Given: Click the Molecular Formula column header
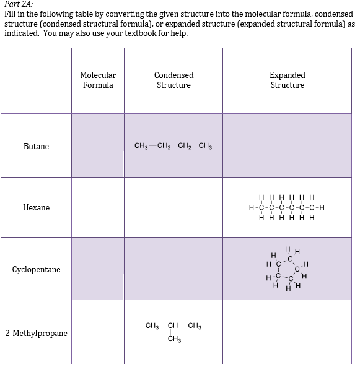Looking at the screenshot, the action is point(98,80).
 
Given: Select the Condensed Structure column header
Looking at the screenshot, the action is point(173,80).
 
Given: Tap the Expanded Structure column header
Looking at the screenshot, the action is point(288,80).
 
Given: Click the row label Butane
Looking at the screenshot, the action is point(36,147).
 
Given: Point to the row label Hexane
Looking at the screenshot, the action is point(36,208).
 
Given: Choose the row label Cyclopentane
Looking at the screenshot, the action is point(36,270).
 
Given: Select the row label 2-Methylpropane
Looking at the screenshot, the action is point(36,334).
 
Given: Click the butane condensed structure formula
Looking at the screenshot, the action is point(173,147).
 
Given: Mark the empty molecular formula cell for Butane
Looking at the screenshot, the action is point(98,147).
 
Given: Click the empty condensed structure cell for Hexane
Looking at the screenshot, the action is point(173,208).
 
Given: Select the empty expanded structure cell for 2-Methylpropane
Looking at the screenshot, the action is point(288,333).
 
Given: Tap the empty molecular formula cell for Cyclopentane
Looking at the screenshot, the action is point(98,270).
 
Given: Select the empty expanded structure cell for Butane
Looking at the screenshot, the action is point(288,147).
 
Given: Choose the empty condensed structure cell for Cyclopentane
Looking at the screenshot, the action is point(173,270).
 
